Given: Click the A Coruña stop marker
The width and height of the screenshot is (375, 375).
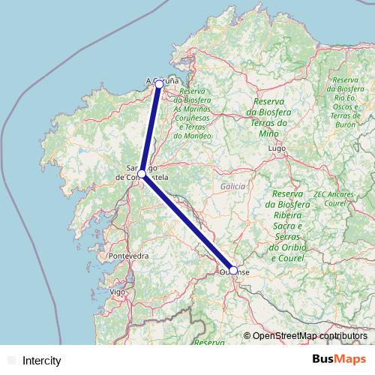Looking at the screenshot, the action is pyautogui.click(x=158, y=85).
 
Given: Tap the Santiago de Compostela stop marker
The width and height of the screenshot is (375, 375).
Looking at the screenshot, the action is pyautogui.click(x=142, y=174).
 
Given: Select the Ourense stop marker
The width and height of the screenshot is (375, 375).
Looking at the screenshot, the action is pyautogui.click(x=233, y=270).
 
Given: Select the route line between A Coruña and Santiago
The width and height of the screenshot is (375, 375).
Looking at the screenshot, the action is pyautogui.click(x=150, y=129).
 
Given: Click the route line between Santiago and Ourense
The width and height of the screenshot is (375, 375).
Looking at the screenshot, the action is pyautogui.click(x=187, y=222).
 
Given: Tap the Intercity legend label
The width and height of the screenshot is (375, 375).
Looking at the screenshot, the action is pyautogui.click(x=42, y=361).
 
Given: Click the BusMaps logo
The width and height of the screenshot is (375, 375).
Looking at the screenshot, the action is pyautogui.click(x=339, y=359).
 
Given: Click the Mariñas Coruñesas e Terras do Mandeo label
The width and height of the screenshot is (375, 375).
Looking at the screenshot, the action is pyautogui.click(x=196, y=113).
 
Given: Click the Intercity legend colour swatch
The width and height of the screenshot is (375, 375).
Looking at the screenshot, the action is pyautogui.click(x=10, y=361).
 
